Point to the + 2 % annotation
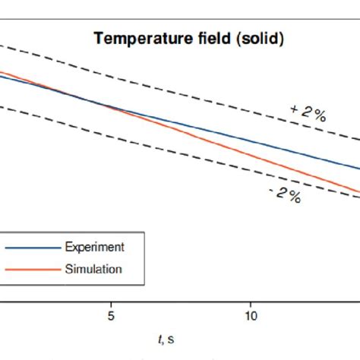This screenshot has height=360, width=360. [308, 112]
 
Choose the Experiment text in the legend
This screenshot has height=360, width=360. [94, 247]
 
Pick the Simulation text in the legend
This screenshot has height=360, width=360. [93, 269]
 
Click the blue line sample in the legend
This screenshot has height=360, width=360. [31, 248]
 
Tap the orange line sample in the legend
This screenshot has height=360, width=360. [31, 270]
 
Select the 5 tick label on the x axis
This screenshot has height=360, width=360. [112, 314]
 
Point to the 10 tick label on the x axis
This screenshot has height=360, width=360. [251, 314]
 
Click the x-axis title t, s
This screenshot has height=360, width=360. [165, 336]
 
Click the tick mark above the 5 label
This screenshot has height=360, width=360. [112, 301]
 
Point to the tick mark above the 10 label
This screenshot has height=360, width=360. [251, 301]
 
